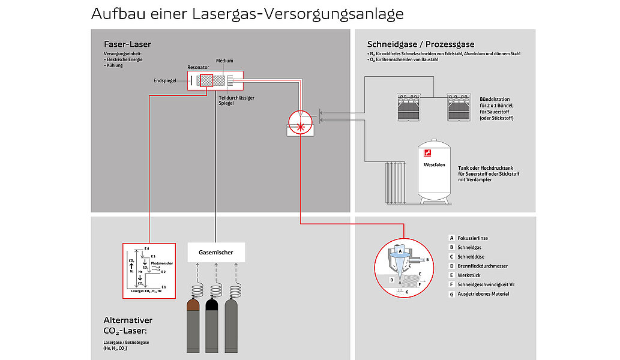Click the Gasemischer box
[x=215, y=253]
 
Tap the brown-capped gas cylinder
[x=193, y=327]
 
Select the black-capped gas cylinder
[x=212, y=327]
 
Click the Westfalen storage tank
[x=435, y=171]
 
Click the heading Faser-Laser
[x=127, y=44]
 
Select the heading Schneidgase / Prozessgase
[x=421, y=44]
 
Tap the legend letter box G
[x=451, y=294]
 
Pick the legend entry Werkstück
[x=470, y=275]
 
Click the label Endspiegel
[x=164, y=80]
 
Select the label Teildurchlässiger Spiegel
[x=236, y=100]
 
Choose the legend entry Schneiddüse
[x=471, y=257]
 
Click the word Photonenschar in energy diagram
[x=162, y=263]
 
